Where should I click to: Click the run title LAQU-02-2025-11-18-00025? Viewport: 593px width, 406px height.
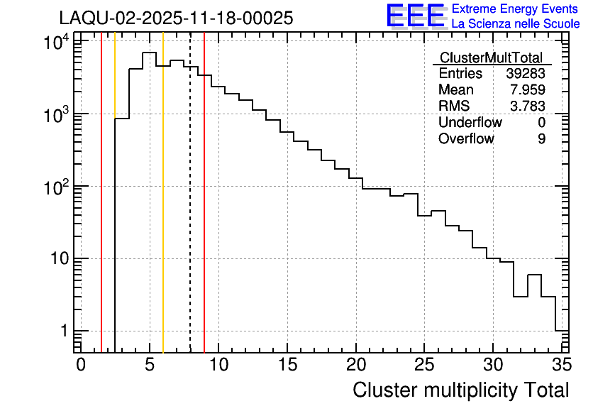176,18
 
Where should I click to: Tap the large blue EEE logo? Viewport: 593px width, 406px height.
415,16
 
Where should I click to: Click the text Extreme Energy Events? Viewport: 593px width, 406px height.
515,9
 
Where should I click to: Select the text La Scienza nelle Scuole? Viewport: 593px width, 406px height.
516,24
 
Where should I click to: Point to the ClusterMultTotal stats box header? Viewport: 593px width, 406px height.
491,58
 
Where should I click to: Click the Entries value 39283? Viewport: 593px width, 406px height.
526,74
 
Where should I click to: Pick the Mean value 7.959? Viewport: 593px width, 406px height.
526,90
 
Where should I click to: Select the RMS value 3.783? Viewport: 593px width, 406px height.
526,106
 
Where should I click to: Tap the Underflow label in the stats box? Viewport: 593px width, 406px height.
470,123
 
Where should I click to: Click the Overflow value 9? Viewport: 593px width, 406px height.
541,139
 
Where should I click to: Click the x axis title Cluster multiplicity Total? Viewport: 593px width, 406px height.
460,390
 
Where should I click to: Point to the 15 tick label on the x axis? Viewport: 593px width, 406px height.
287,365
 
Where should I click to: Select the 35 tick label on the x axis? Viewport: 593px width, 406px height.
561,365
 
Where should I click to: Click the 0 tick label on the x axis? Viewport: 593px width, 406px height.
81,365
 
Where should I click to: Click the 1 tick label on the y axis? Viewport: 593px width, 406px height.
64,331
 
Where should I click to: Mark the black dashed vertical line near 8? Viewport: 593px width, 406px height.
190,213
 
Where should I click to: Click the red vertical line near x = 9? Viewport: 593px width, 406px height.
204,213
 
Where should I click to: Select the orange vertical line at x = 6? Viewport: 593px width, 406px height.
163,213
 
